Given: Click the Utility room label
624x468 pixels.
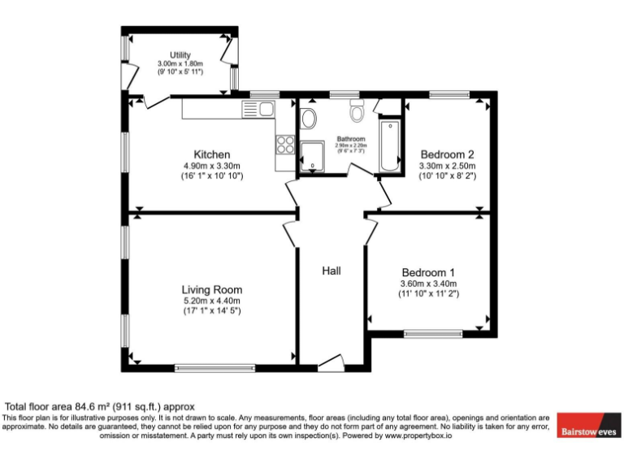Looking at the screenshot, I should coord(180,55).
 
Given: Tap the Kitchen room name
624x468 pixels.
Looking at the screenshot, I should coord(211,154).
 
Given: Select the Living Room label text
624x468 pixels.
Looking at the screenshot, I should coord(211,289).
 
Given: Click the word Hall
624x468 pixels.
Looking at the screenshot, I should coord(331,271).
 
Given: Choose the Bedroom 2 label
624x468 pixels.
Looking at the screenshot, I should coord(446,154).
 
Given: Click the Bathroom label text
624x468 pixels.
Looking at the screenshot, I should coord(351,139).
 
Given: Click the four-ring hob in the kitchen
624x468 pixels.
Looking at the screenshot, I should coord(286,145).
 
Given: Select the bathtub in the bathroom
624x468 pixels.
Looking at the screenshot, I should coord(392,145).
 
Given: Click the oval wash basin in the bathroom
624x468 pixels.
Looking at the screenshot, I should coord(308,119).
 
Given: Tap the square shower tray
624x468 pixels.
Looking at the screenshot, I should coord(313,155).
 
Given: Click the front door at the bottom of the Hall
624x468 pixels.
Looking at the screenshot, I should coord(331,362).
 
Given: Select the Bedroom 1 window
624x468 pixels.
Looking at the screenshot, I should coord(433,332).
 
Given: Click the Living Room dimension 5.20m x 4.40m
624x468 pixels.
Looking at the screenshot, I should coord(211,301).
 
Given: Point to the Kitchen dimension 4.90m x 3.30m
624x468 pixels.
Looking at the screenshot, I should coord(211,166).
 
